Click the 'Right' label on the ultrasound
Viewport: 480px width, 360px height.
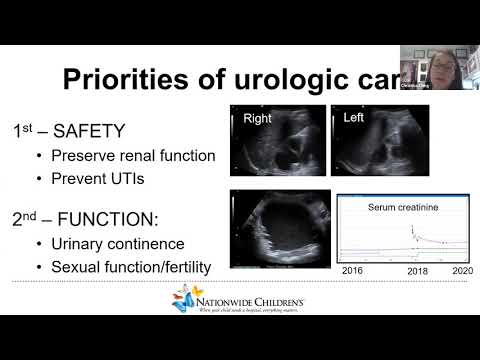(x=257, y=118)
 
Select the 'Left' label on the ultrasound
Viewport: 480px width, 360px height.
(x=355, y=117)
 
